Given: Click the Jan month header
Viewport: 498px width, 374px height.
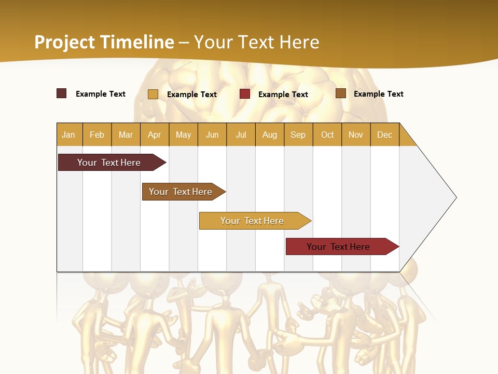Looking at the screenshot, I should (68, 135).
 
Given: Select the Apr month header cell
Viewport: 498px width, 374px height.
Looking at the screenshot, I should (154, 135).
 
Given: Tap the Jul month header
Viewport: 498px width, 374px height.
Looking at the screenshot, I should (241, 135).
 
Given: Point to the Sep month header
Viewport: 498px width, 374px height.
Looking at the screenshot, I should (298, 135).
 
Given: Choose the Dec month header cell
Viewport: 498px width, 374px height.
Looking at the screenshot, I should (384, 135).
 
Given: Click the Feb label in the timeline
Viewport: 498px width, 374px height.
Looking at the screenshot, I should (97, 135).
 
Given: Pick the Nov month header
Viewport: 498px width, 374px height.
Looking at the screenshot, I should (355, 135).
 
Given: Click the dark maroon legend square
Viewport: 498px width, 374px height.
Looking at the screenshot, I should (61, 94).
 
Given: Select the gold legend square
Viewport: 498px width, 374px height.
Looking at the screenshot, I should (153, 94).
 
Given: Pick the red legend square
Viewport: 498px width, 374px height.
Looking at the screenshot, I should (245, 94).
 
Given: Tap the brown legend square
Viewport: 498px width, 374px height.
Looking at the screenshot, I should (340, 94).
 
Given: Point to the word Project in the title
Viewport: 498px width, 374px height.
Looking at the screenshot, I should (64, 42).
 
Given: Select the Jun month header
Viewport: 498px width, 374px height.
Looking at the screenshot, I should (212, 135).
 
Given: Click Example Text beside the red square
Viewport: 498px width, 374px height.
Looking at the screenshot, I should (283, 95).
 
